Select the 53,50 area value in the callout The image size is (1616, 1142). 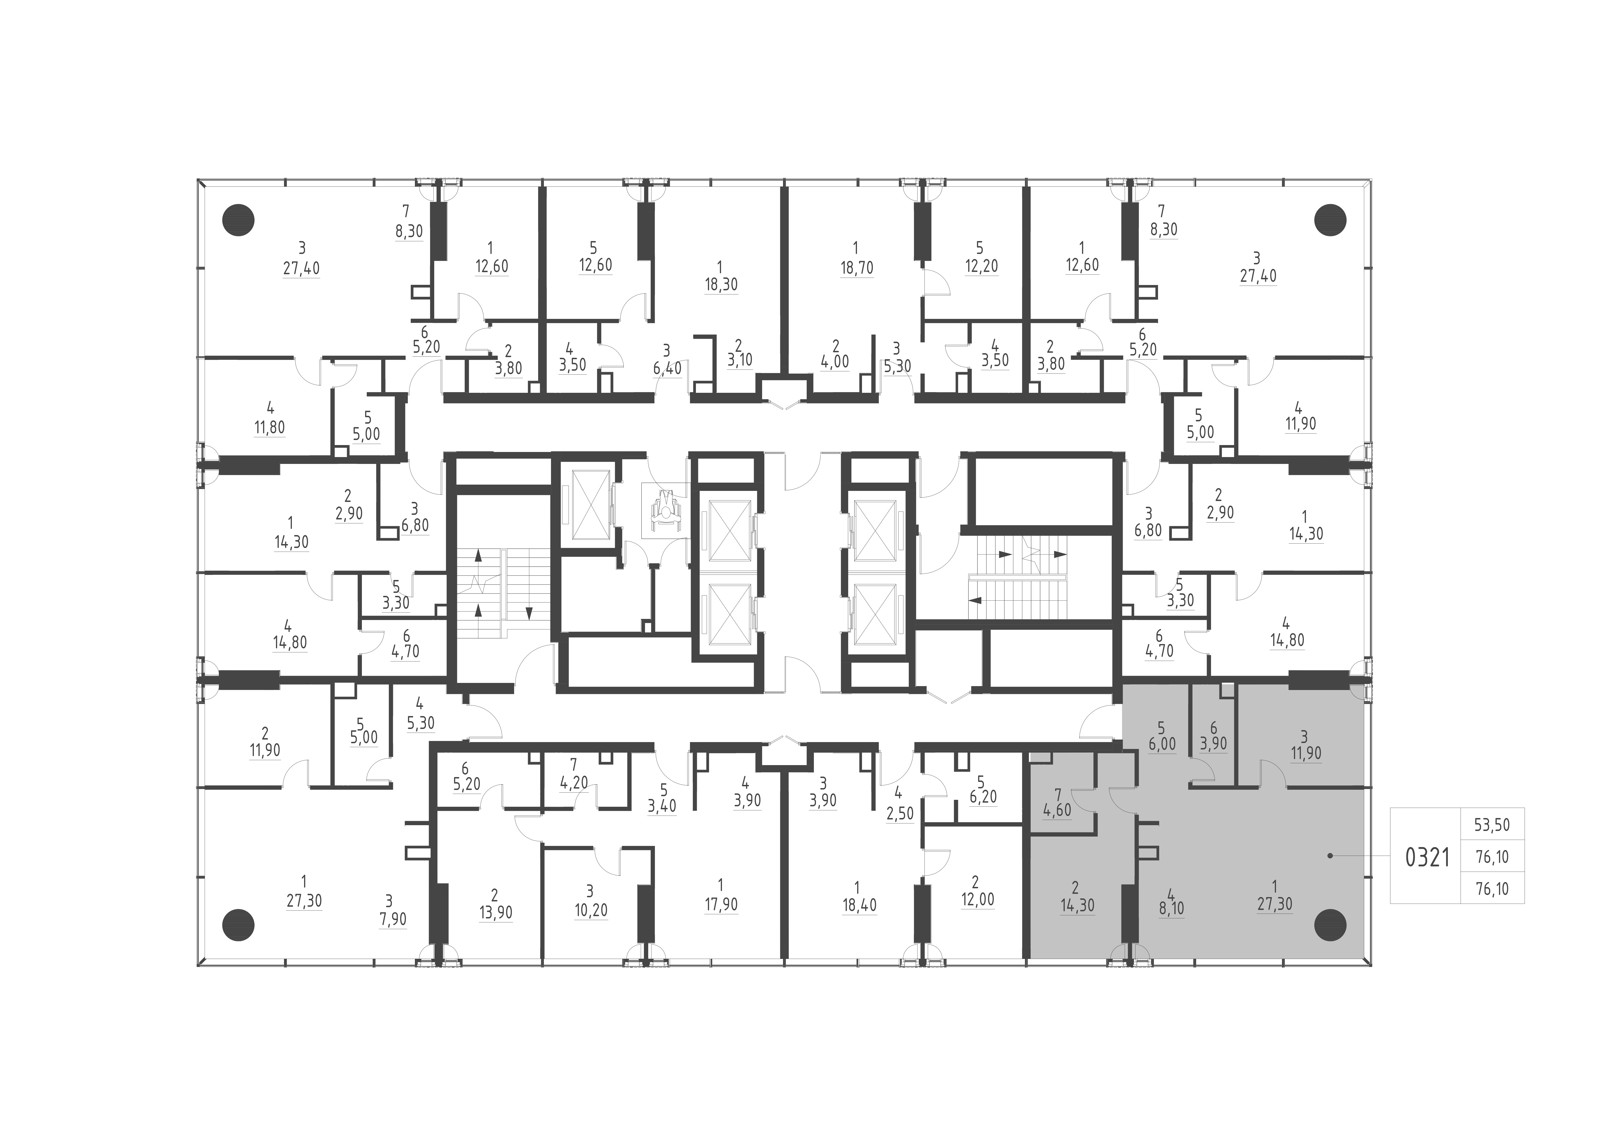[1492, 825]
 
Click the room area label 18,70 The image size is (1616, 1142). [856, 268]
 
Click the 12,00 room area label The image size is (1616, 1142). [977, 900]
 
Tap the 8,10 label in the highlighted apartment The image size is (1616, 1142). [1170, 908]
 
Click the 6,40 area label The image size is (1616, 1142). [666, 368]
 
